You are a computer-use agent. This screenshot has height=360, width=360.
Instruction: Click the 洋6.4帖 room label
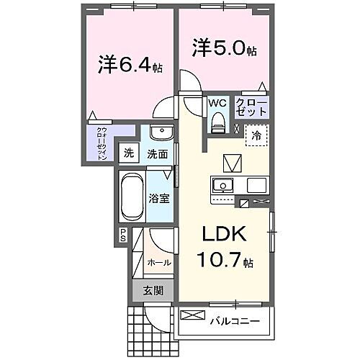(x=129, y=66)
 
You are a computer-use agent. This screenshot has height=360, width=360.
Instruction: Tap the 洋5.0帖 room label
(x=224, y=50)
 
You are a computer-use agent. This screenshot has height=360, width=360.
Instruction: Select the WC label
(x=217, y=103)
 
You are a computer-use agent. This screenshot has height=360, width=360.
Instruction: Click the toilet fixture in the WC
(x=217, y=123)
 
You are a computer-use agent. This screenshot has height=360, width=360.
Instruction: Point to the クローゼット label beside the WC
(x=252, y=108)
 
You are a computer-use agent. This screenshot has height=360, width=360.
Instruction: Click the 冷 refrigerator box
(x=256, y=135)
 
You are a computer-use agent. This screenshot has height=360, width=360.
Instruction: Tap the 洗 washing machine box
(x=128, y=153)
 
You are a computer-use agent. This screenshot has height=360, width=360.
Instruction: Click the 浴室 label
(x=160, y=198)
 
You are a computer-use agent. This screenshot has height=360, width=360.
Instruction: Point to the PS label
(x=122, y=234)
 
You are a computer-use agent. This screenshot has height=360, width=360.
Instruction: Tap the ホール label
(x=159, y=262)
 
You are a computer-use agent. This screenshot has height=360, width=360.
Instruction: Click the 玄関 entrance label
(x=152, y=291)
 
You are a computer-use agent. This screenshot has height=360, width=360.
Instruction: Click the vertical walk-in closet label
(x=103, y=143)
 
